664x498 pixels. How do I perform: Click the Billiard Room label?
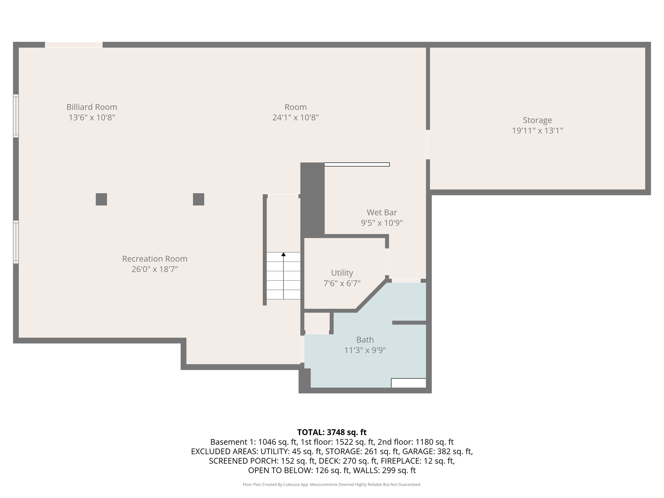tap(92, 107)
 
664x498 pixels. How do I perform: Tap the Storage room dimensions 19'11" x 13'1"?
tap(537, 131)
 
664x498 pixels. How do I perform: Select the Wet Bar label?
tap(382, 212)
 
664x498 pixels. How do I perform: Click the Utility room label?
tap(342, 273)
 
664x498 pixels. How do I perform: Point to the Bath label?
tap(365, 340)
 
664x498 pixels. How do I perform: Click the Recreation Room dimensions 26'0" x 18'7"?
tap(155, 269)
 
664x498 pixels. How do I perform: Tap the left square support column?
tap(101, 199)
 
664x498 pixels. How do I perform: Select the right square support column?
tap(198, 199)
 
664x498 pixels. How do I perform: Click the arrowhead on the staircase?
tap(283, 255)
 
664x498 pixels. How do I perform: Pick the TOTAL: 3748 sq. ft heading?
tap(332, 432)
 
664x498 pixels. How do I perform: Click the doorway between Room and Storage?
tap(428, 145)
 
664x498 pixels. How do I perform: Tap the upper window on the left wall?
tap(16, 116)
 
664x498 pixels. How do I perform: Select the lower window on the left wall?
tap(16, 242)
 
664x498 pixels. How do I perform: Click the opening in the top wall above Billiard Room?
tap(74, 45)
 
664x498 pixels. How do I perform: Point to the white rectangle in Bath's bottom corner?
tap(408, 383)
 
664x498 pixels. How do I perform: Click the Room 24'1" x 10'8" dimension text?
tap(295, 117)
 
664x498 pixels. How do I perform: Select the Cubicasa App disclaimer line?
tap(332, 484)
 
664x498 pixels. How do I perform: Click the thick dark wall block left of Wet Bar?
tap(312, 199)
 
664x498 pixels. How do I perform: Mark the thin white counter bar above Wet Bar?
tap(357, 165)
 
